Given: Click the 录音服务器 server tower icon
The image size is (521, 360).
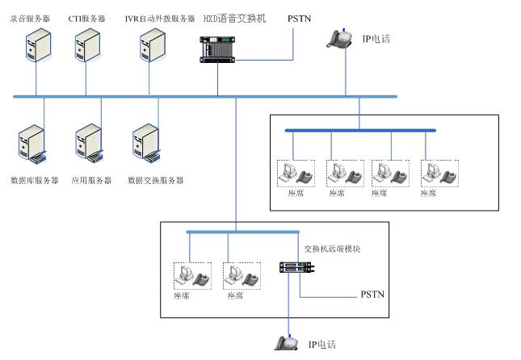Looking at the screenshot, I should tap(35, 47).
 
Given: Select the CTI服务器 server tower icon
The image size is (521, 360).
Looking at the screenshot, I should tap(86, 47).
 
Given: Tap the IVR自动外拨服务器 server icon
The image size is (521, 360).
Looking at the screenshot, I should tap(151, 47).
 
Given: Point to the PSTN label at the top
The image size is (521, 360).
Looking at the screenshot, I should tap(299, 18).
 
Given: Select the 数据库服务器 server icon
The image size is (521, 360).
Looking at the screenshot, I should tap(29, 143).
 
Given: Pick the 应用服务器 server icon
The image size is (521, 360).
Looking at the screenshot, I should tap(87, 143).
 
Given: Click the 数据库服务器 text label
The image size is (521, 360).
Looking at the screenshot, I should tap(35, 181).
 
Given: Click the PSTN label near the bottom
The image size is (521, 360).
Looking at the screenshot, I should tap(372, 295).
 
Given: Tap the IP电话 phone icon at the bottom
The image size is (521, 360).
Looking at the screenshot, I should tap(287, 343).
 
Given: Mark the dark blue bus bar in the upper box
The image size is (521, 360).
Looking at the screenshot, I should tap(359, 130).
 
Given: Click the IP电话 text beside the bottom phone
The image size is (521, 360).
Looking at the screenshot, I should tap(321, 345).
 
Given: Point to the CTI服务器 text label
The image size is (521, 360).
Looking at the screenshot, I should tap(87, 18).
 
